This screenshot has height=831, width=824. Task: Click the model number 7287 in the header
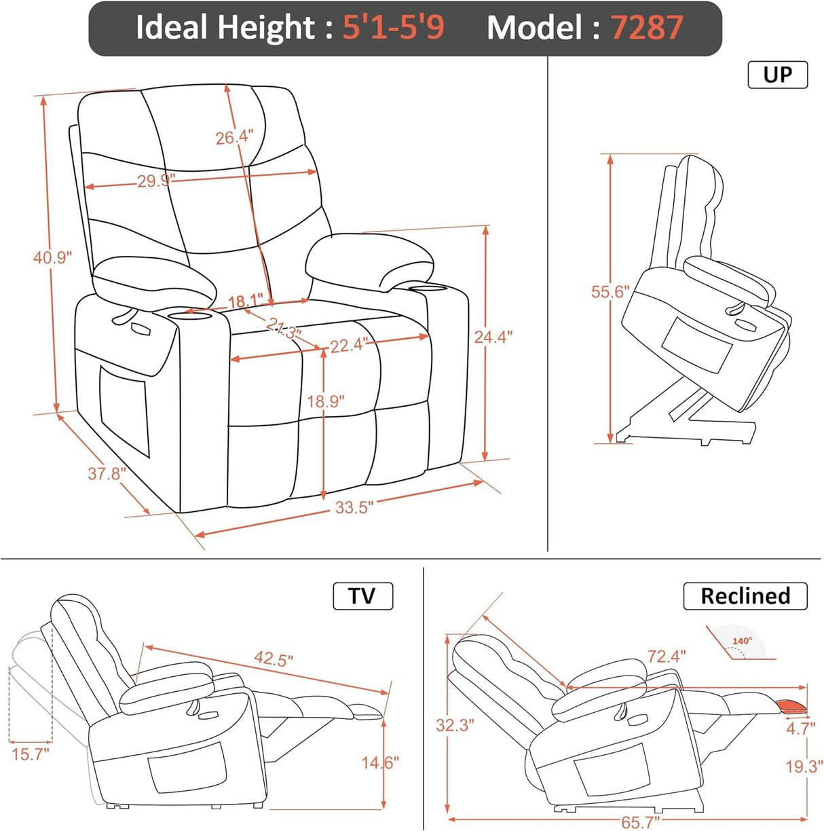point(646,28)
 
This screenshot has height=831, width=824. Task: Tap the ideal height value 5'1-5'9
point(393,28)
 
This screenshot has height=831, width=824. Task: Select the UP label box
point(777,74)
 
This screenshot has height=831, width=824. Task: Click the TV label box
point(362,596)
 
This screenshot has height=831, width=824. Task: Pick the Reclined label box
point(745,596)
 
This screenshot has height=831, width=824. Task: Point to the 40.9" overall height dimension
point(52,258)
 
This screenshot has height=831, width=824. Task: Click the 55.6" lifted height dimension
point(610,292)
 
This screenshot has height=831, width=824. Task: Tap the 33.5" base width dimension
point(354,507)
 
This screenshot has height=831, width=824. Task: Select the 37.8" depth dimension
point(106,473)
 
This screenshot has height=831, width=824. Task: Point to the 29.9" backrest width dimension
point(156,181)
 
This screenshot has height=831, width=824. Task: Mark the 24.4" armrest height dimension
point(493,336)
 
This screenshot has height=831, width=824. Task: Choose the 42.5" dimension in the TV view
point(274,659)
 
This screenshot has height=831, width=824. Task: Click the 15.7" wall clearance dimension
point(30,754)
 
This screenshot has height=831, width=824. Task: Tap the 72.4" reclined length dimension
point(666,656)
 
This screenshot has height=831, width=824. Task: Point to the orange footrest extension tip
point(791,705)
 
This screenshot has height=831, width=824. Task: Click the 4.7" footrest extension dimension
point(800,728)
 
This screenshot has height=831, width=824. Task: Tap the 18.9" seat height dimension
point(326,401)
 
